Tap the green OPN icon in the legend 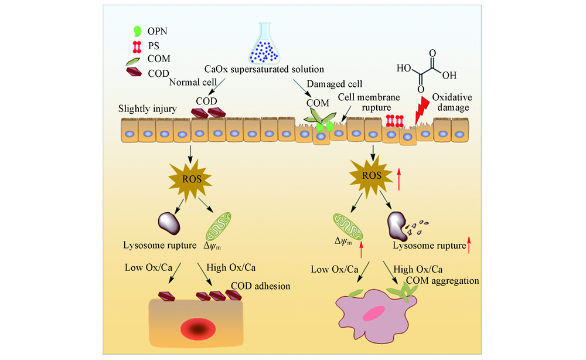point(138,30)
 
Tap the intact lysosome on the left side point(171,223)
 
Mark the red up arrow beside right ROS point(398,178)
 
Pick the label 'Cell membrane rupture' point(367,101)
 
